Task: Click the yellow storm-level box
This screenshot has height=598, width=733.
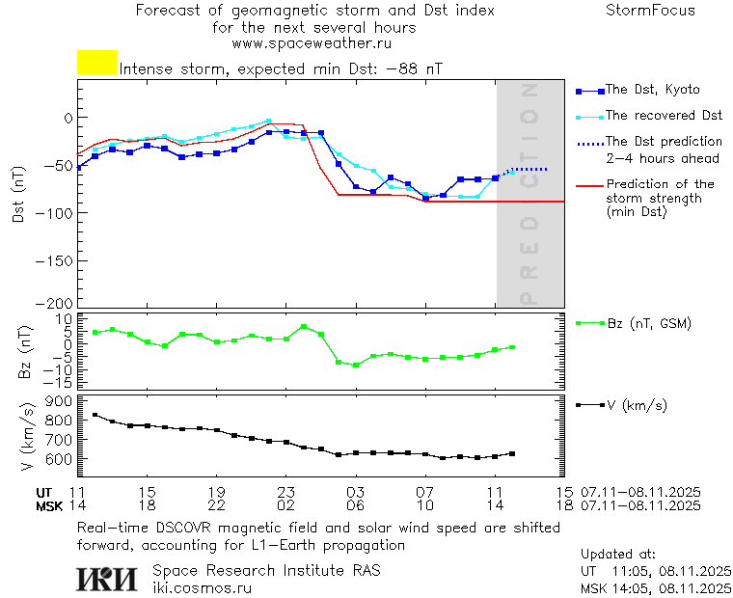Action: pos(96,63)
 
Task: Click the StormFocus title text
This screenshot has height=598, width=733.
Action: pos(650,11)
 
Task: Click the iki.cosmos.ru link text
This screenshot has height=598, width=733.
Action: pos(202,587)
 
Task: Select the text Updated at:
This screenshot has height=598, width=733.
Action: pos(618,555)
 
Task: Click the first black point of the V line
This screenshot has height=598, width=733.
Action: pos(95,415)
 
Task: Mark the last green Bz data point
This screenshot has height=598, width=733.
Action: pos(512,347)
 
